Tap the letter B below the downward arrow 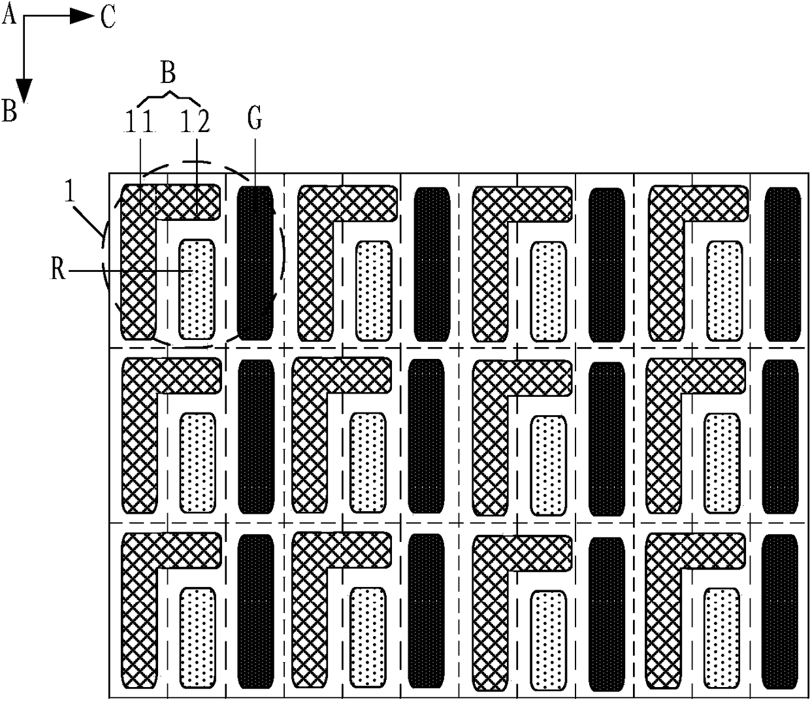tap(9, 111)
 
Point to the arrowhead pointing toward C tap(82, 16)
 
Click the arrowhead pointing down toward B tap(24, 91)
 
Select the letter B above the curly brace tap(168, 74)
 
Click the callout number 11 tap(138, 122)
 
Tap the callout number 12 tap(195, 122)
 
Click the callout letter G tap(255, 119)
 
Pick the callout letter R tap(58, 271)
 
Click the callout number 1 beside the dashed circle tap(70, 193)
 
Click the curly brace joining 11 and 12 tap(169, 98)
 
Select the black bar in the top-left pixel tap(255, 263)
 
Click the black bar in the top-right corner tap(783, 264)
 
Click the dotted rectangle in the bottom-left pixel tap(198, 639)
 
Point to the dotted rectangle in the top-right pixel tap(724, 291)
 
